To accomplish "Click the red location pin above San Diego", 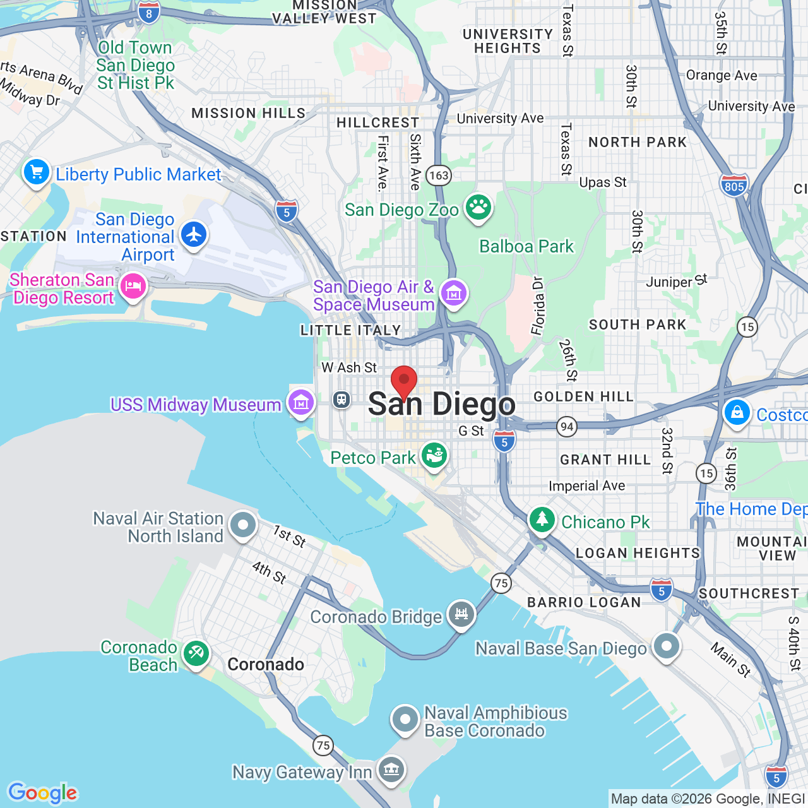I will [404, 381].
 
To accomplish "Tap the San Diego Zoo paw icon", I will [478, 207].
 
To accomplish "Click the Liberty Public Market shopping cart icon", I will [37, 172].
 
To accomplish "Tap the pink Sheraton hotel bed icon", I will [133, 287].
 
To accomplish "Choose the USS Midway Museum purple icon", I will [301, 401].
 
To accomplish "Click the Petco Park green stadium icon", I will [434, 454].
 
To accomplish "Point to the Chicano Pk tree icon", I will [542, 520].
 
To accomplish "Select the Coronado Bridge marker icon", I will [461, 614].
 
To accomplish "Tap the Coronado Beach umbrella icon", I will [196, 654].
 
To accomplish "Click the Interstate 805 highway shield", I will [734, 186].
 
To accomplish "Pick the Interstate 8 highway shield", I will [149, 13].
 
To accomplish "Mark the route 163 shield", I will [439, 175].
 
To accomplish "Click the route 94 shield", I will [567, 427].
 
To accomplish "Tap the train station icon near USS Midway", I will [342, 400].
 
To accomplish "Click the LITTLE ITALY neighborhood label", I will [351, 330].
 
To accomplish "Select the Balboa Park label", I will [526, 246].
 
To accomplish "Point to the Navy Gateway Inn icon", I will [391, 769].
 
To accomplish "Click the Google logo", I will [43, 793].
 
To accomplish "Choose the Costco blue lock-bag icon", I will [737, 413].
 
